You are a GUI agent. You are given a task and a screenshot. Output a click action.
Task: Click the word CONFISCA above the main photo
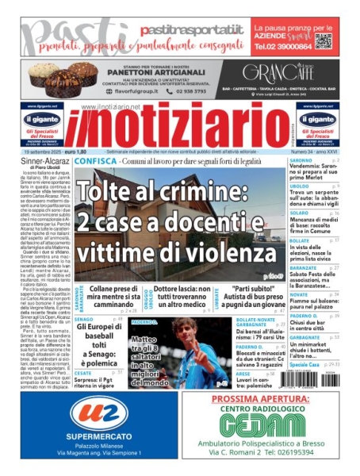pos(98,160)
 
